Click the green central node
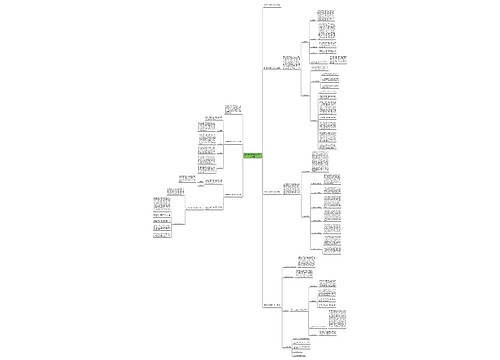pyautogui.click(x=252, y=157)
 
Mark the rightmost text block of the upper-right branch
pyautogui.click(x=340, y=60)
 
